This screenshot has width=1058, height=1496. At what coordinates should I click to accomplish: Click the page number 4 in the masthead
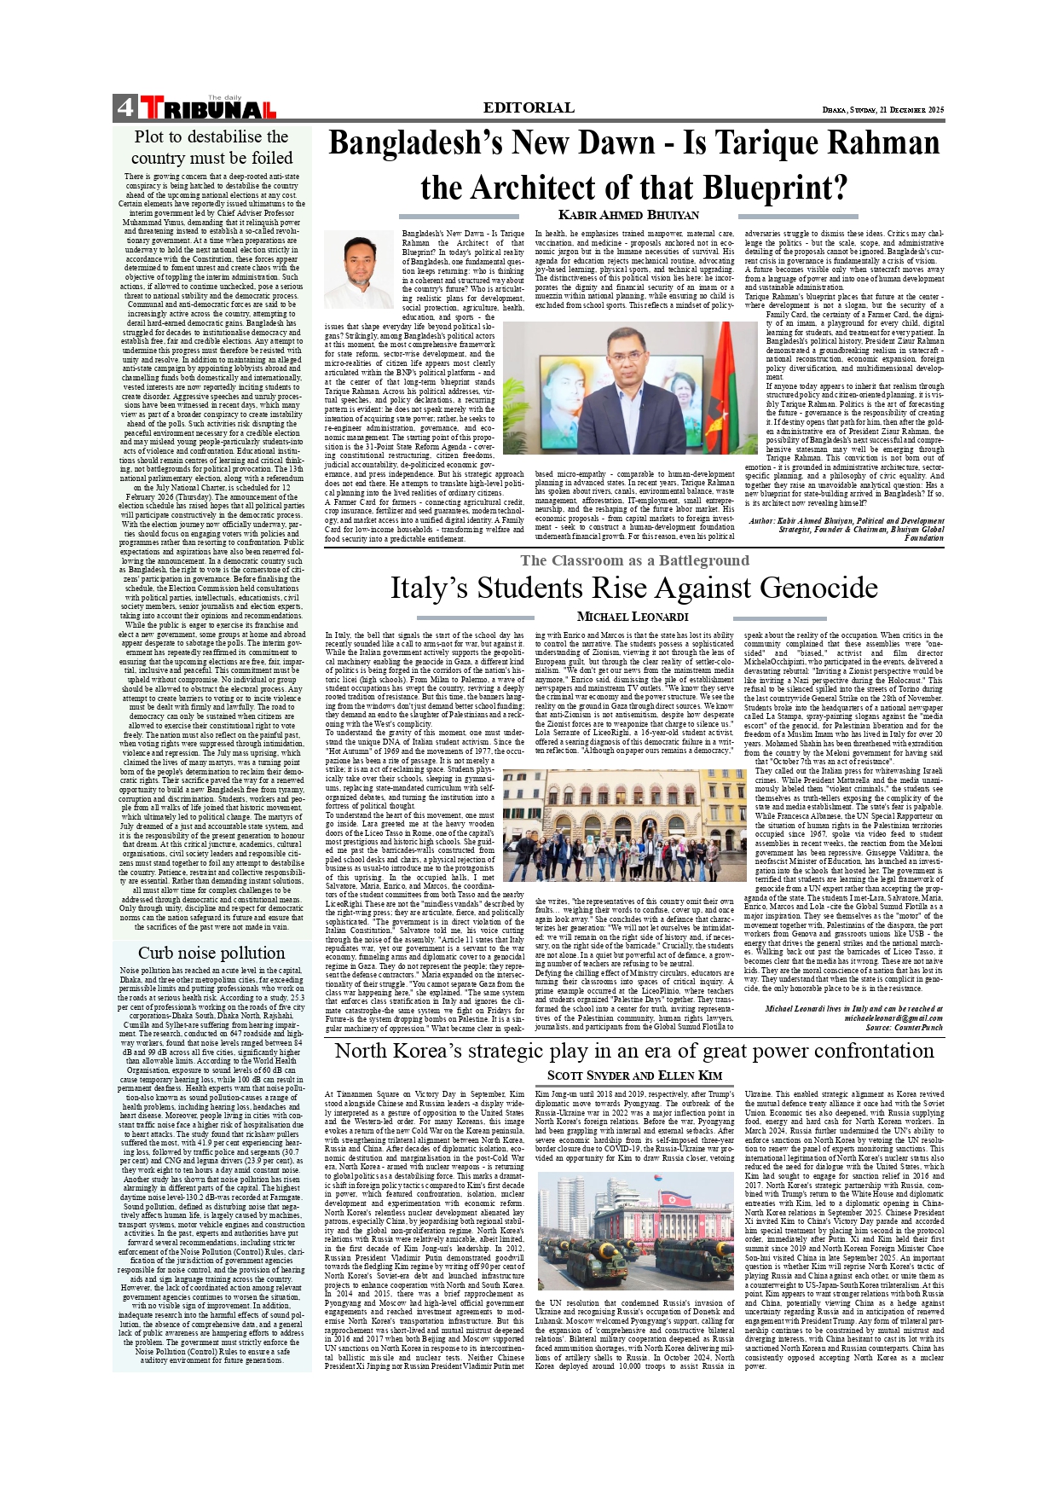[x=124, y=107]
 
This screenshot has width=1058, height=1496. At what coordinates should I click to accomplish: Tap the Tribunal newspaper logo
[x=208, y=107]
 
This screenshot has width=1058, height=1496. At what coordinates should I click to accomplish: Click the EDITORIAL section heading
[x=529, y=107]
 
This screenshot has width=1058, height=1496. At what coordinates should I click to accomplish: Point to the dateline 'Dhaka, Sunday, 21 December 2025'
[x=883, y=110]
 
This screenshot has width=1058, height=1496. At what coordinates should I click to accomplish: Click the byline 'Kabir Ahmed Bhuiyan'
[x=628, y=215]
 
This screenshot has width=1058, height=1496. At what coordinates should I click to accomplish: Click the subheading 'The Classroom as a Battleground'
[x=634, y=560]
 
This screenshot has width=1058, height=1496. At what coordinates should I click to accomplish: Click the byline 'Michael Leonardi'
[x=633, y=617]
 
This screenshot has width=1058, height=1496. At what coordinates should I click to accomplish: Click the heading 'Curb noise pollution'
[x=211, y=953]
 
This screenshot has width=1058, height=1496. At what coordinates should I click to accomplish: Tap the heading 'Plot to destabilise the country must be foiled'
[x=211, y=147]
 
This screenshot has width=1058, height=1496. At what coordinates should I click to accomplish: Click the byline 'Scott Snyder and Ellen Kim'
[x=634, y=1076]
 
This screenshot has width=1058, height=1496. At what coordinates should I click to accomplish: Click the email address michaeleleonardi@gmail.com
[x=893, y=1018]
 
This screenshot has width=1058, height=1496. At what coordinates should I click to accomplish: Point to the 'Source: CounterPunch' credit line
[x=904, y=1028]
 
